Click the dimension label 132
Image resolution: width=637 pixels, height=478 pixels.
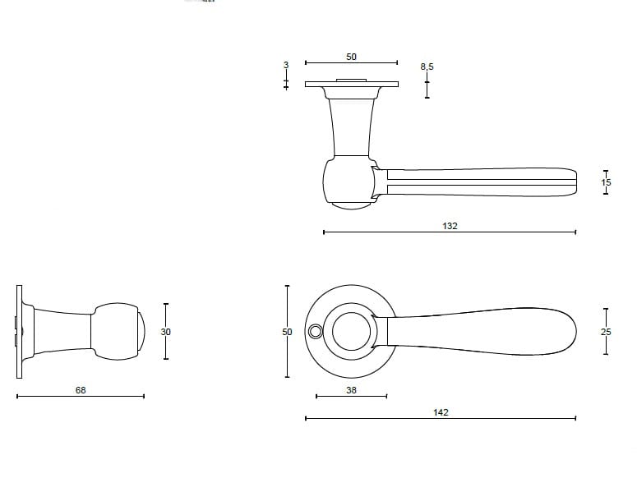450,226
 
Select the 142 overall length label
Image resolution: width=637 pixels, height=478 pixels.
441,412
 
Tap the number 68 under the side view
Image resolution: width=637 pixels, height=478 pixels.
81,390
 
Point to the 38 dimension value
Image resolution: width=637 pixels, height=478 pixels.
352,390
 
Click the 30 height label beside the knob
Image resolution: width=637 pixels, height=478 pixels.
165,332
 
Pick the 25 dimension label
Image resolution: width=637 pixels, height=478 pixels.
606,332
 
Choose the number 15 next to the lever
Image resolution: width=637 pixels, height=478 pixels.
606,182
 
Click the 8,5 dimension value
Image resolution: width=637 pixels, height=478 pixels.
427,67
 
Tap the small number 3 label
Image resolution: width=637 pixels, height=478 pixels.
286,65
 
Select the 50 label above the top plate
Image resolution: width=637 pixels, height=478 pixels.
352,57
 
